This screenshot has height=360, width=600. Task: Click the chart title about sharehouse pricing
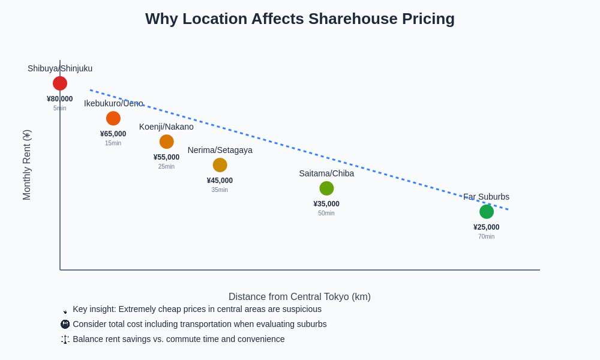300,19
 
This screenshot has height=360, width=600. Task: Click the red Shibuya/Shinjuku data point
60,83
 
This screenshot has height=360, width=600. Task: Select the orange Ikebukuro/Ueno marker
113,118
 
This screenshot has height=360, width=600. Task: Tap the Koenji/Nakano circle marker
167,142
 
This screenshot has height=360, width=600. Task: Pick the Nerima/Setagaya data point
220,165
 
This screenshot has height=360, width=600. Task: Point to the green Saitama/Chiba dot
326,188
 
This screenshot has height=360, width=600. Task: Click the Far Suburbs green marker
487,212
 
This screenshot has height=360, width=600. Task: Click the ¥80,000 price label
60,99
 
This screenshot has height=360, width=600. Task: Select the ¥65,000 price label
113,134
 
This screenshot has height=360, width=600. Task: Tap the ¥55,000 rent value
166,157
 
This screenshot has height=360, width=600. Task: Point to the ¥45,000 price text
220,181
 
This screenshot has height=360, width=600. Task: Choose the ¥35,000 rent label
326,204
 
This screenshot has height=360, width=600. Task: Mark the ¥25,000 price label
487,227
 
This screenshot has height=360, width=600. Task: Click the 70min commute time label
487,236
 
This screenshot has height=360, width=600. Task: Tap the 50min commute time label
326,213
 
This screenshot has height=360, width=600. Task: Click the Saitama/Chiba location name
326,173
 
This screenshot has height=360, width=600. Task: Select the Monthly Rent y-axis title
27,165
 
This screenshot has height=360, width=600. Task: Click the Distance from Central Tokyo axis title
299,296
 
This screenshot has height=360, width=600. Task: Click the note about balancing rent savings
178,339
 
